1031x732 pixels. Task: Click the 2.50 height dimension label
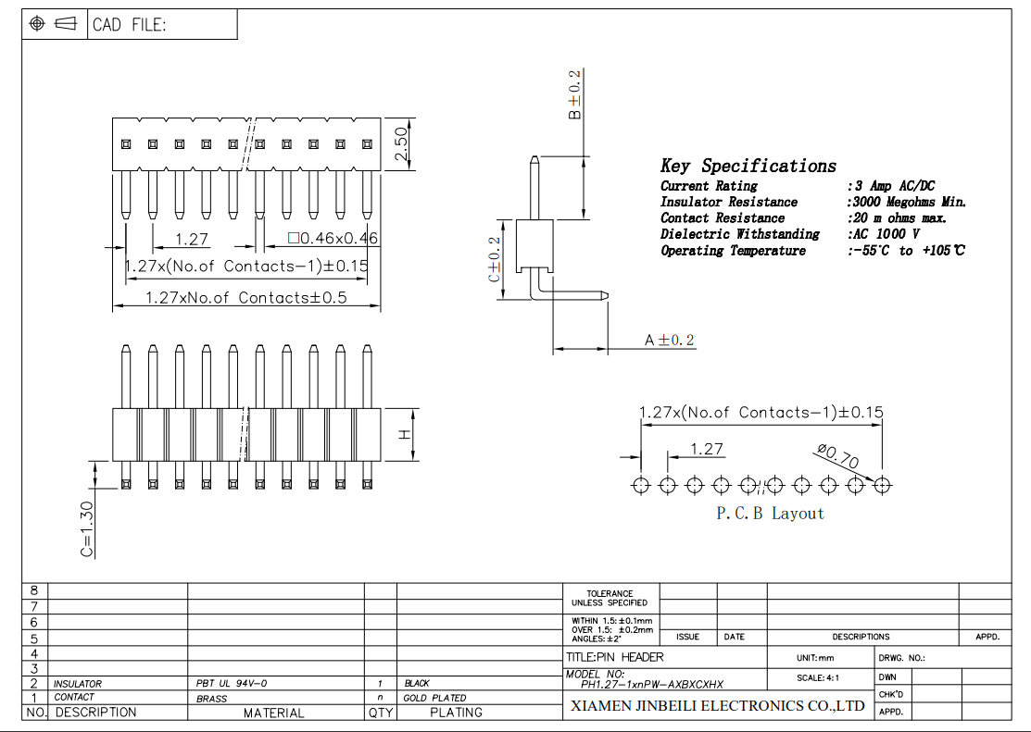pyautogui.click(x=401, y=145)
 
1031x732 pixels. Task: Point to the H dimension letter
pyautogui.click(x=405, y=434)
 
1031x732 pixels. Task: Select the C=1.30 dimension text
pyautogui.click(x=86, y=529)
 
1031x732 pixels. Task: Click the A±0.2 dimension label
pyautogui.click(x=669, y=341)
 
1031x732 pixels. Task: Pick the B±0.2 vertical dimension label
pyautogui.click(x=574, y=94)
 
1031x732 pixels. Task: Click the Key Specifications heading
pyautogui.click(x=748, y=167)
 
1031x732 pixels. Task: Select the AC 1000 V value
pyautogui.click(x=884, y=235)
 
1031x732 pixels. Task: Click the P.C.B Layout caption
pyautogui.click(x=770, y=514)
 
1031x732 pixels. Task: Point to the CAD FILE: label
pyautogui.click(x=129, y=25)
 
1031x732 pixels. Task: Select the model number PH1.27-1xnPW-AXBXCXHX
pyautogui.click(x=651, y=686)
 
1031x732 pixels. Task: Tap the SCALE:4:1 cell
pyautogui.click(x=818, y=677)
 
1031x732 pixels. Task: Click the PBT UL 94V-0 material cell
pyautogui.click(x=232, y=684)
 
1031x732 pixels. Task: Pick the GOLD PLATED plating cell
pyautogui.click(x=435, y=698)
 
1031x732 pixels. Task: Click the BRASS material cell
pyautogui.click(x=211, y=699)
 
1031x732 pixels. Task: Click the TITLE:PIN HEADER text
pyautogui.click(x=615, y=657)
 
